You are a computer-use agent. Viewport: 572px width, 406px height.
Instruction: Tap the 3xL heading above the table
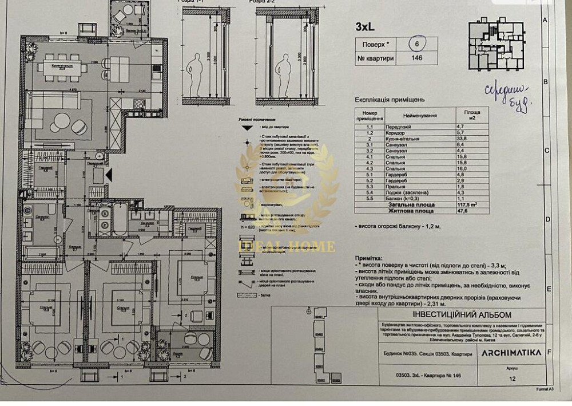(366, 26)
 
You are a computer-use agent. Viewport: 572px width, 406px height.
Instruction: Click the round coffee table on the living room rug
(62, 121)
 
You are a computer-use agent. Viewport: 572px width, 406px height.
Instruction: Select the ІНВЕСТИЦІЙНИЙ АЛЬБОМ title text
(453, 315)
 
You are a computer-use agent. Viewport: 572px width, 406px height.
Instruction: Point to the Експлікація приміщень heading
(387, 98)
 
